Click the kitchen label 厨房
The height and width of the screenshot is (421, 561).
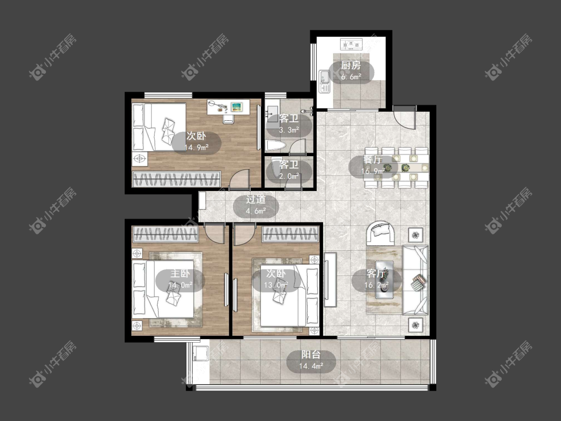pyautogui.click(x=351, y=65)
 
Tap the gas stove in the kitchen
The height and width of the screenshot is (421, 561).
pyautogui.click(x=351, y=45)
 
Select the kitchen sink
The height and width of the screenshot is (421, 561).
pyautogui.click(x=324, y=82)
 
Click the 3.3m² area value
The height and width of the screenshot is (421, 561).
pyautogui.click(x=289, y=130)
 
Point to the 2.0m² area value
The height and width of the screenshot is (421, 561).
pyautogui.click(x=289, y=176)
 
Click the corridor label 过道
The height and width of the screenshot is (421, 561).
pyautogui.click(x=256, y=200)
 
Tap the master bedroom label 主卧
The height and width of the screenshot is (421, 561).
pyautogui.click(x=180, y=273)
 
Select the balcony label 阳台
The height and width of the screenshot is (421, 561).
pyautogui.click(x=311, y=355)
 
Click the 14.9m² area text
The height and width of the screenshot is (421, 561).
pyautogui.click(x=196, y=147)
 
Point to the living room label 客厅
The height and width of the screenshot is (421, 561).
pyautogui.click(x=376, y=273)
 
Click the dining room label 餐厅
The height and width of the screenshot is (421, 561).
pyautogui.click(x=373, y=160)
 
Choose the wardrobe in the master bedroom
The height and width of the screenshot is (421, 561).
pyautogui.click(x=165, y=234)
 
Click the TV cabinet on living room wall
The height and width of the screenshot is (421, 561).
pyautogui.click(x=330, y=279)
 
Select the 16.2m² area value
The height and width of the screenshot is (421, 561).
pyautogui.click(x=376, y=285)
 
